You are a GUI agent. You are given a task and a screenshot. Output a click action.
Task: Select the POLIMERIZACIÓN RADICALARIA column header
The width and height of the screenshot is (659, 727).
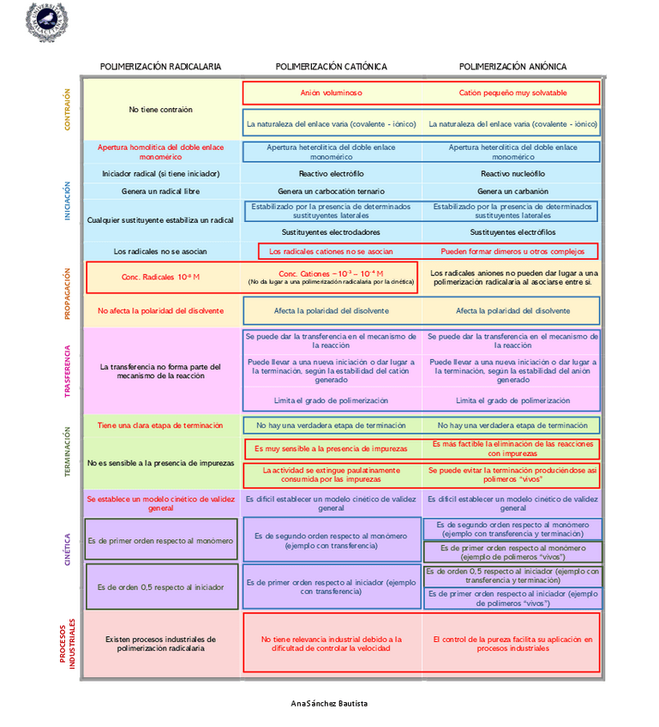(160, 67)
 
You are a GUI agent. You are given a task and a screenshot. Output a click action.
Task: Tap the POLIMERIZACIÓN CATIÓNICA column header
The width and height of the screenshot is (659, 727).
(331, 67)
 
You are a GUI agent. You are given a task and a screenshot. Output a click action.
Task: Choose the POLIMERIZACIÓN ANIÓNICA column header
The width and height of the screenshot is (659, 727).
(512, 67)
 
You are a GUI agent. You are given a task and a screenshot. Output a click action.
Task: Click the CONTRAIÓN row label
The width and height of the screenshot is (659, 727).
(68, 109)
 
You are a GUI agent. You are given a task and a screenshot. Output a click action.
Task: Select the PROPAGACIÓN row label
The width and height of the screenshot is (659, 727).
(68, 293)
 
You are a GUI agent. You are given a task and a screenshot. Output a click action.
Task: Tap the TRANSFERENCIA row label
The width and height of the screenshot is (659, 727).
(68, 370)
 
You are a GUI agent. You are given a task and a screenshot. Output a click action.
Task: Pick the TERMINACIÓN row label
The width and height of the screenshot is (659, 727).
(68, 452)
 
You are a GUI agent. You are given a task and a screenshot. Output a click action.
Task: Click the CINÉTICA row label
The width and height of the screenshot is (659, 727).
(68, 549)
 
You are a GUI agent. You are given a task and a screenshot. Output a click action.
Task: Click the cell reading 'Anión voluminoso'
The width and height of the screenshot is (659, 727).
(331, 93)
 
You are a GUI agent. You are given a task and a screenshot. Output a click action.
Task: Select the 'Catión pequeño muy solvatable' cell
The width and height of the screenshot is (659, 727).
(512, 93)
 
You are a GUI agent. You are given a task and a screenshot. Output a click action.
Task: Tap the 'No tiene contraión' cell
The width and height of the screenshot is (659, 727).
(161, 110)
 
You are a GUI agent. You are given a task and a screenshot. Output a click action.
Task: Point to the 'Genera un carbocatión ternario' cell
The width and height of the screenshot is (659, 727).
(331, 191)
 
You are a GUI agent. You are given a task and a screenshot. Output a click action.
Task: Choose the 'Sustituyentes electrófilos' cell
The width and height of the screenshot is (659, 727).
(512, 232)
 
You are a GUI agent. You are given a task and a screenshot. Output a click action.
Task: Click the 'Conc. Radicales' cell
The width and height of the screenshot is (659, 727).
(161, 278)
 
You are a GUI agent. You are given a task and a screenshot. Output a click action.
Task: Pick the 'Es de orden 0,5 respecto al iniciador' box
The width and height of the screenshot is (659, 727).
(161, 587)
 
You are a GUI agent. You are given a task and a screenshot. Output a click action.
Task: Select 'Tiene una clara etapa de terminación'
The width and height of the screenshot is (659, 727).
(160, 425)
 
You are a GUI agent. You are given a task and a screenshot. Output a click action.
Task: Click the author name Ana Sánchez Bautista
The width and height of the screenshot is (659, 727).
(329, 704)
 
